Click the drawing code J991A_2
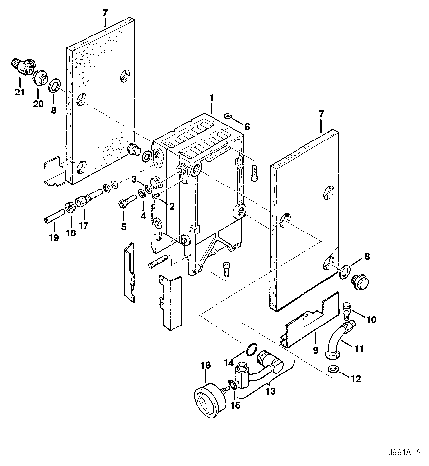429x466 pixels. coord(404,453)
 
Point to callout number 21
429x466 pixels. coord(19,92)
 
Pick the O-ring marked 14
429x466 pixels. coord(251,350)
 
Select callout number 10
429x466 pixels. coord(371,320)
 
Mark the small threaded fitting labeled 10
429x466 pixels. coord(347,310)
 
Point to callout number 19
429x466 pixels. coord(53,238)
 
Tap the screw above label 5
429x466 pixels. coord(127,202)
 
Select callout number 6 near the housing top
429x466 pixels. coord(246,127)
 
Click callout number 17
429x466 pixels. coord(83,227)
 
